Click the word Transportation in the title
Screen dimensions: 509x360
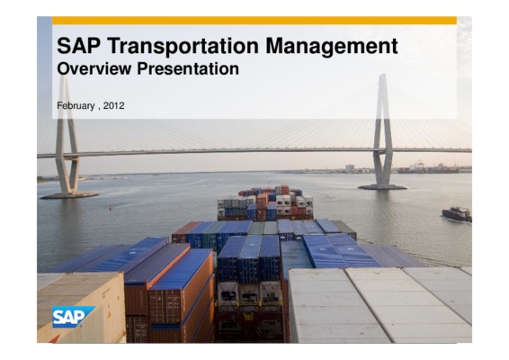(183, 46)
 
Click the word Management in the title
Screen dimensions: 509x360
(332, 47)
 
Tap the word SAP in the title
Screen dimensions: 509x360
(79, 46)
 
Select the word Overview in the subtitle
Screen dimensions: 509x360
(94, 69)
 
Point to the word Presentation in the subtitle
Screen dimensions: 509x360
(188, 69)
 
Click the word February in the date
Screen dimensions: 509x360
(76, 106)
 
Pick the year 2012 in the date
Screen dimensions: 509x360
(113, 105)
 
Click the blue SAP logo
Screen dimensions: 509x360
(74, 317)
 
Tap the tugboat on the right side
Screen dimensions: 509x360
(457, 214)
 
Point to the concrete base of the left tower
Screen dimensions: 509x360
(69, 195)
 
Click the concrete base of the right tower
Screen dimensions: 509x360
(382, 187)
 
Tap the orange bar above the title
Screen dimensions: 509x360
(254, 21)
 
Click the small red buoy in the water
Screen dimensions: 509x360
(111, 207)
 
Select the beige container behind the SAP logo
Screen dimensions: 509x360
(81, 307)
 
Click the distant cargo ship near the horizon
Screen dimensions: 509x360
(428, 169)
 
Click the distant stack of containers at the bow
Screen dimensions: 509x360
(265, 202)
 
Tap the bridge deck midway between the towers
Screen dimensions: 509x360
(225, 151)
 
